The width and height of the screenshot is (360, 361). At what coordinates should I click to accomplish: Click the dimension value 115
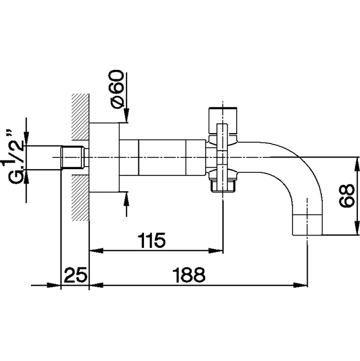point(152,240)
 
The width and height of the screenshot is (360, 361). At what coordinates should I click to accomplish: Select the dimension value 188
point(189,275)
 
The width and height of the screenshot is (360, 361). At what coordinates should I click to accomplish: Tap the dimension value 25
point(76,275)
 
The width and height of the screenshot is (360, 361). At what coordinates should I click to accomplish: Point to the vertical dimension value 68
point(347,196)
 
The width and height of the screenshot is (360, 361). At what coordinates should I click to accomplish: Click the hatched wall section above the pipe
point(80,117)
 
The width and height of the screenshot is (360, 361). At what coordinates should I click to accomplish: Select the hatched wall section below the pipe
point(80,198)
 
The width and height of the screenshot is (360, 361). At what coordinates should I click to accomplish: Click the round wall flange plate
point(104,157)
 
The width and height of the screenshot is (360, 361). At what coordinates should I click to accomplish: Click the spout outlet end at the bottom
point(307,225)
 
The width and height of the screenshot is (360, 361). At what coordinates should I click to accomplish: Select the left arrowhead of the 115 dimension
point(96,250)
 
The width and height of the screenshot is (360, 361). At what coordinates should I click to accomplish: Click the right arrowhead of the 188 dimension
point(301,285)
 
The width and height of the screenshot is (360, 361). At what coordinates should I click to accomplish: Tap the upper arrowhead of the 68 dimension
point(357,164)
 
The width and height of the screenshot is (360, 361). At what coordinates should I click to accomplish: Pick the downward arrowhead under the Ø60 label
point(127,115)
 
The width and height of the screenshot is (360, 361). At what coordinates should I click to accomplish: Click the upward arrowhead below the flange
point(127,200)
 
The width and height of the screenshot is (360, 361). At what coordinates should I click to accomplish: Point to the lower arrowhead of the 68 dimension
point(357,228)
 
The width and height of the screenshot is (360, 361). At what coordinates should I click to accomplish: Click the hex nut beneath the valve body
point(223,186)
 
